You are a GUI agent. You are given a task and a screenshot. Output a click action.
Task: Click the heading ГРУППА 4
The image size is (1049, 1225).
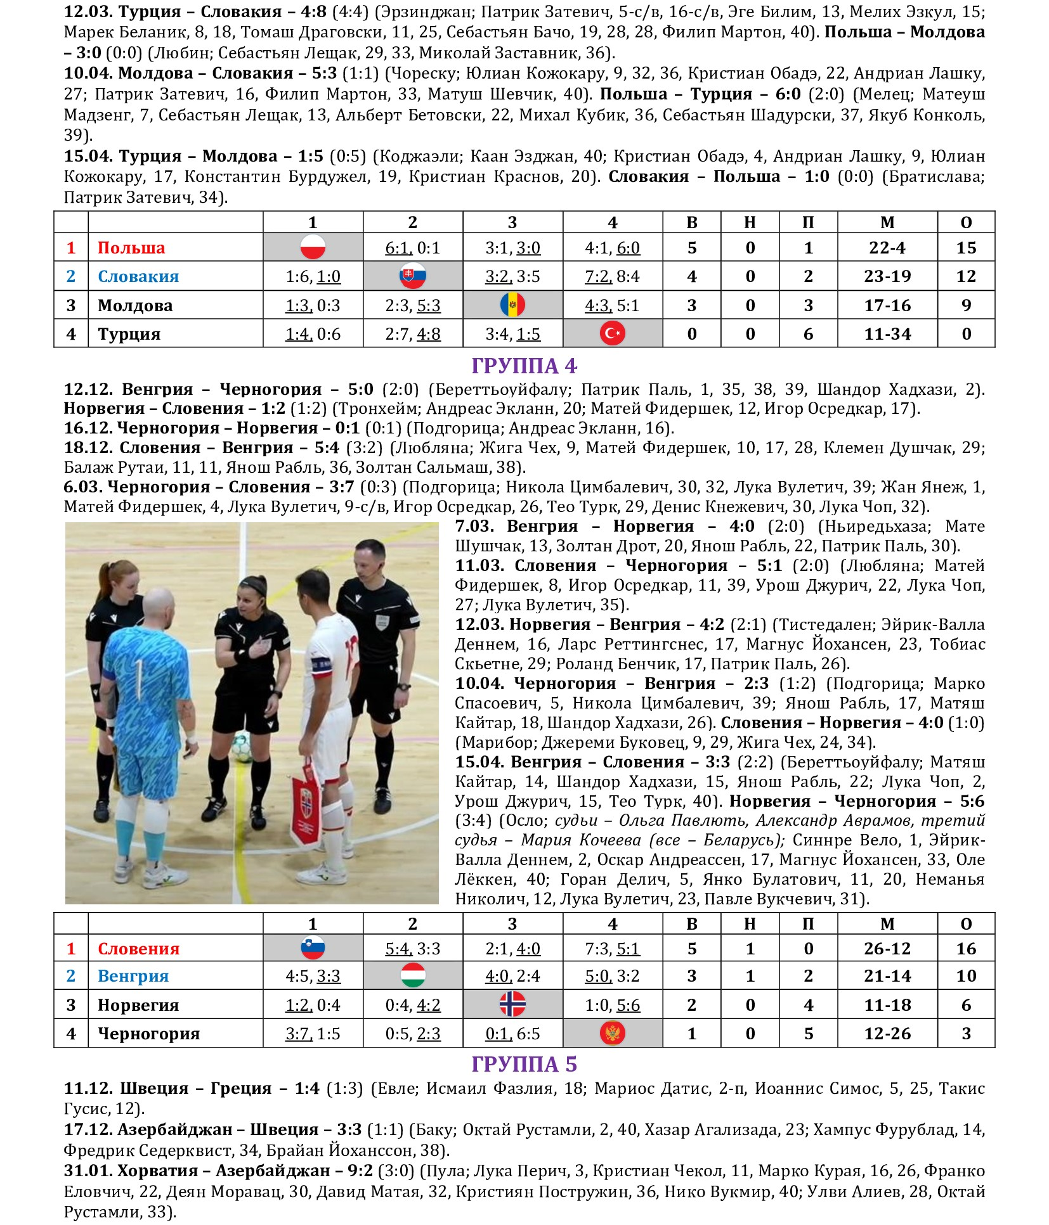(x=524, y=366)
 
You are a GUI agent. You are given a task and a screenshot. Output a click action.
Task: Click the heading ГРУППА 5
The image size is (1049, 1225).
(x=524, y=1064)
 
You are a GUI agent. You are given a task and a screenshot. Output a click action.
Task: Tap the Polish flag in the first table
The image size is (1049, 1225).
(x=313, y=247)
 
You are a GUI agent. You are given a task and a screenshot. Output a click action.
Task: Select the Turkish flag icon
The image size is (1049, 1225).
(x=613, y=333)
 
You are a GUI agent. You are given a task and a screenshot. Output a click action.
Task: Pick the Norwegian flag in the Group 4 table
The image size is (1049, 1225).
(x=512, y=1004)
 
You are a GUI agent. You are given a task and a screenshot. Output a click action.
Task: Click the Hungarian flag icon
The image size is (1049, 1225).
(x=413, y=975)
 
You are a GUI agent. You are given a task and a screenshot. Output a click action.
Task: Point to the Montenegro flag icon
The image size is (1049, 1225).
(x=613, y=1033)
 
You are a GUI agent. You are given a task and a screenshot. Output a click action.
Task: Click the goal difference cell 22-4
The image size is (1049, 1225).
(x=887, y=248)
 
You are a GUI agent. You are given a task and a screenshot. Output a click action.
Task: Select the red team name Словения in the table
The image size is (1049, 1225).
(x=138, y=949)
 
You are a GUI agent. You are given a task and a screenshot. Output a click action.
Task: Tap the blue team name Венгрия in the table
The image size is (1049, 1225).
(x=133, y=976)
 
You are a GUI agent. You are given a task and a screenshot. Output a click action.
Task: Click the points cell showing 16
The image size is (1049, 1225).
(x=966, y=949)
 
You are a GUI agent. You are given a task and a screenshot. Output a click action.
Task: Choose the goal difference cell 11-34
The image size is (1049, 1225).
(x=887, y=334)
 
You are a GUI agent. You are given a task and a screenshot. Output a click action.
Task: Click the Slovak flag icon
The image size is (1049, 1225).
(x=413, y=276)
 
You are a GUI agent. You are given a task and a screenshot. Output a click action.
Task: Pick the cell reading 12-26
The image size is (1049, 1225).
(x=887, y=1034)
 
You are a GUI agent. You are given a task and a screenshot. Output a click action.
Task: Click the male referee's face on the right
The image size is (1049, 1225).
(x=369, y=560)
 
